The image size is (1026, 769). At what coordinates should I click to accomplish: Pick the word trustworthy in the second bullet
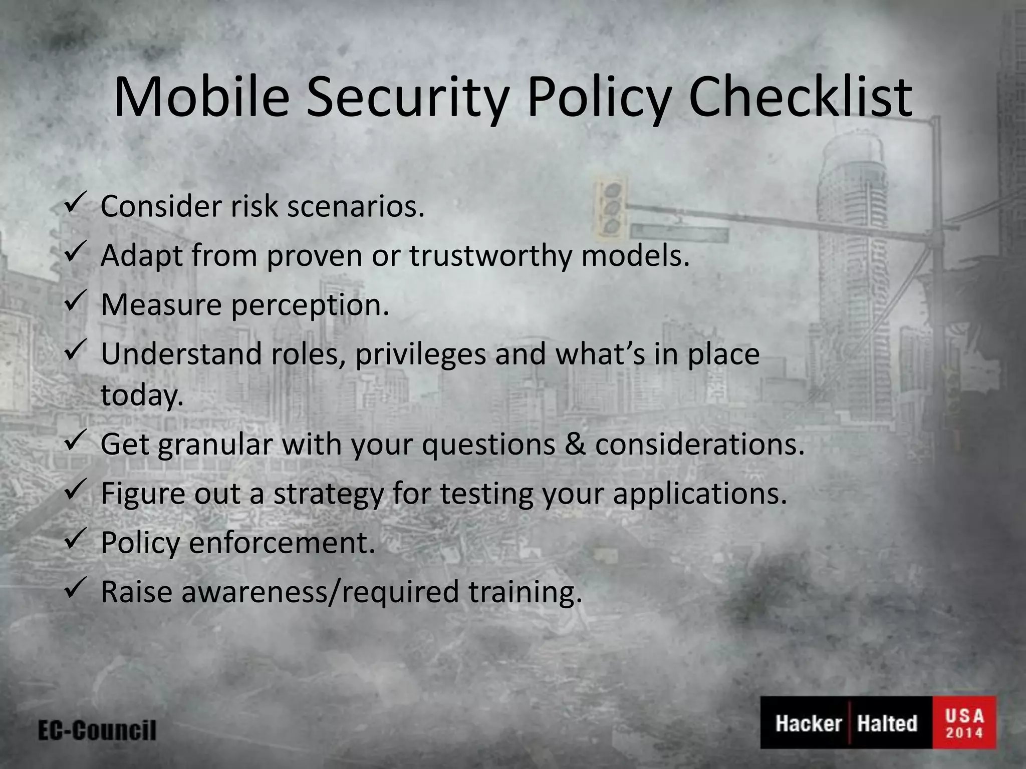click(x=490, y=256)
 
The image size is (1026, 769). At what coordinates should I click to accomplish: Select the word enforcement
click(x=282, y=543)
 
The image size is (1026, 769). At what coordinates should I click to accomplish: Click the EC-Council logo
click(x=97, y=730)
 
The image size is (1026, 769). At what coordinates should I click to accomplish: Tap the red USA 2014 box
click(x=964, y=722)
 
